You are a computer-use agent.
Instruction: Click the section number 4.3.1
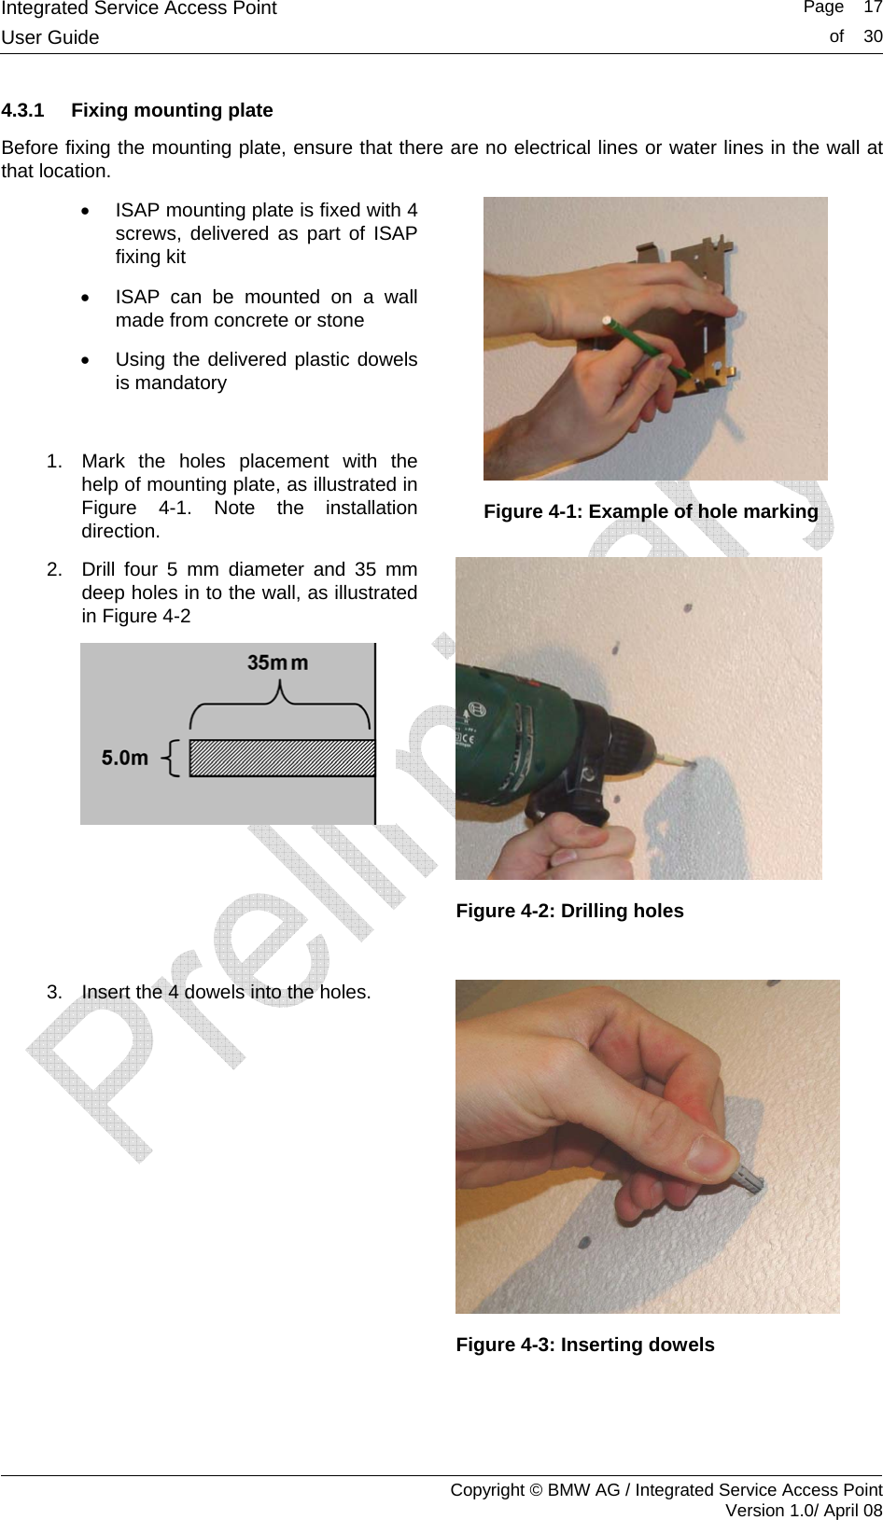pyautogui.click(x=23, y=110)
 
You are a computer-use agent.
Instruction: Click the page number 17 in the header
pyautogui.click(x=872, y=7)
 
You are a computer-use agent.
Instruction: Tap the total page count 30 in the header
pyautogui.click(x=872, y=36)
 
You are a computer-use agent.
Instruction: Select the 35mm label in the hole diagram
pyautogui.click(x=277, y=662)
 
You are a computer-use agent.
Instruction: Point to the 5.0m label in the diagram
pyautogui.click(x=125, y=758)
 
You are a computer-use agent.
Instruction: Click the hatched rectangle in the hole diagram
pyautogui.click(x=282, y=758)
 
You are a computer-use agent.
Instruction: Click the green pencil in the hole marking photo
pyautogui.click(x=644, y=349)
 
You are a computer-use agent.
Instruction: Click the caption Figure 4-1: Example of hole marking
pyautogui.click(x=651, y=511)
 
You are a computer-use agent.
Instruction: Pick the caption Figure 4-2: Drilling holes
pyautogui.click(x=569, y=911)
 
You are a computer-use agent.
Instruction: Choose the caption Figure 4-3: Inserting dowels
pyautogui.click(x=585, y=1345)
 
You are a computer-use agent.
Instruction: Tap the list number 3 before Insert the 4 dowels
pyautogui.click(x=53, y=992)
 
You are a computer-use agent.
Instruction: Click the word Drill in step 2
pyautogui.click(x=98, y=569)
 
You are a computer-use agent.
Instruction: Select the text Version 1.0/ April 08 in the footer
pyautogui.click(x=803, y=1510)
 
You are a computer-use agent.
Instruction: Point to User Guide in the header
pyautogui.click(x=50, y=37)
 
